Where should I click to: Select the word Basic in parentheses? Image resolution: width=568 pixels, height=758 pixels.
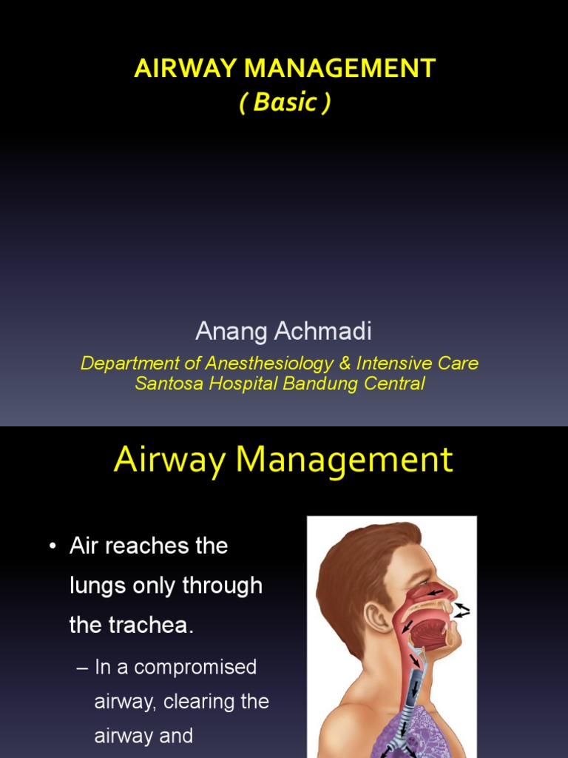point(285,103)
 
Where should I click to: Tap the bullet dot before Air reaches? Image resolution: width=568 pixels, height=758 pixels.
point(52,547)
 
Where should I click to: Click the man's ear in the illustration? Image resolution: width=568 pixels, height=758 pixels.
point(376,616)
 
